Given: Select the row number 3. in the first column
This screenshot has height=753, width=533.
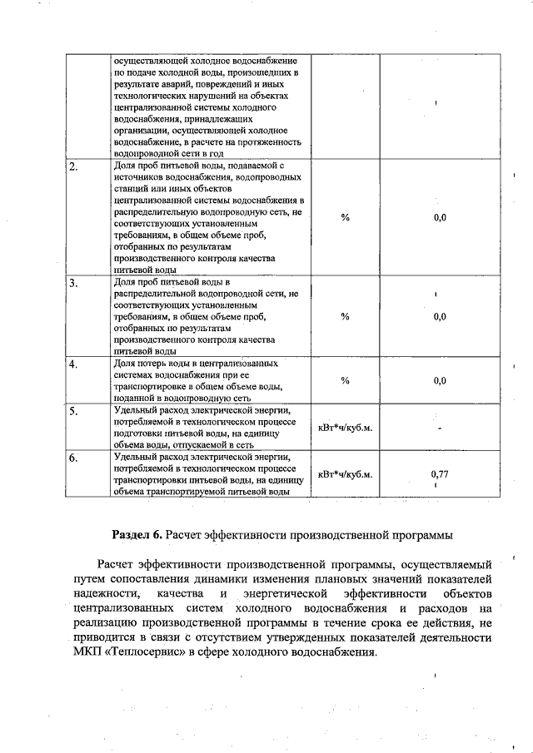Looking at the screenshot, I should pos(74,283).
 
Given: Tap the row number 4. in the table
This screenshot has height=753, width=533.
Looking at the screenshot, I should pos(74,364).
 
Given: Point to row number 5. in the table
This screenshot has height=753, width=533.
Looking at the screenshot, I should pos(74,411).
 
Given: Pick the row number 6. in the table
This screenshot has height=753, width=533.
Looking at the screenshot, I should pos(74,458).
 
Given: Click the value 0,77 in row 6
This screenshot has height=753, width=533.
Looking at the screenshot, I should pos(440,473).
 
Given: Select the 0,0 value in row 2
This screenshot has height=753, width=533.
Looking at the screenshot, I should pos(440,217).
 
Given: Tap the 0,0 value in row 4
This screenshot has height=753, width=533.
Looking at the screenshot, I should pos(440,381).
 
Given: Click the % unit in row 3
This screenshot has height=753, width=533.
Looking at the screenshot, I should pos(345,316).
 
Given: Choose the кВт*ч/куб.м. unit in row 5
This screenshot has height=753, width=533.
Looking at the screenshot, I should pos(345,428).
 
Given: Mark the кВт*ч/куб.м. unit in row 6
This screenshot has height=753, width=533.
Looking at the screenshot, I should pos(345,474).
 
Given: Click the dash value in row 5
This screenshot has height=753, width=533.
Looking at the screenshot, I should pos(440,429).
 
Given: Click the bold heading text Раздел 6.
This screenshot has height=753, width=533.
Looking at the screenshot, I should pos(137,533).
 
